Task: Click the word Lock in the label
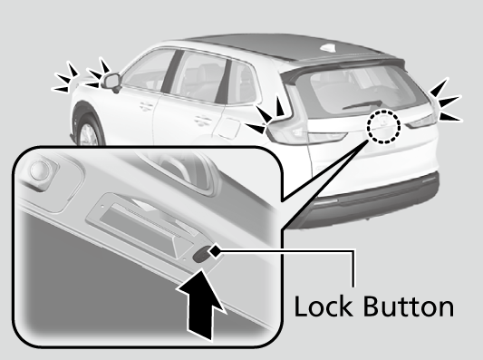point(324,306)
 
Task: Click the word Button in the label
point(409,306)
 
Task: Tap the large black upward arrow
point(201,304)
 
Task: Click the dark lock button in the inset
point(200,255)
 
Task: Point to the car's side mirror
point(111,83)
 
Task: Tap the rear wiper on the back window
point(362,104)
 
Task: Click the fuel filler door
point(228,128)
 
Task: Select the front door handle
point(146,107)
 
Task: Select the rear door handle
point(203,121)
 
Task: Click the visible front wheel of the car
point(87,131)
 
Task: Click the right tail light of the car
point(422,122)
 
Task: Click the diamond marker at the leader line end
point(215,250)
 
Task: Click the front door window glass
point(147,71)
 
